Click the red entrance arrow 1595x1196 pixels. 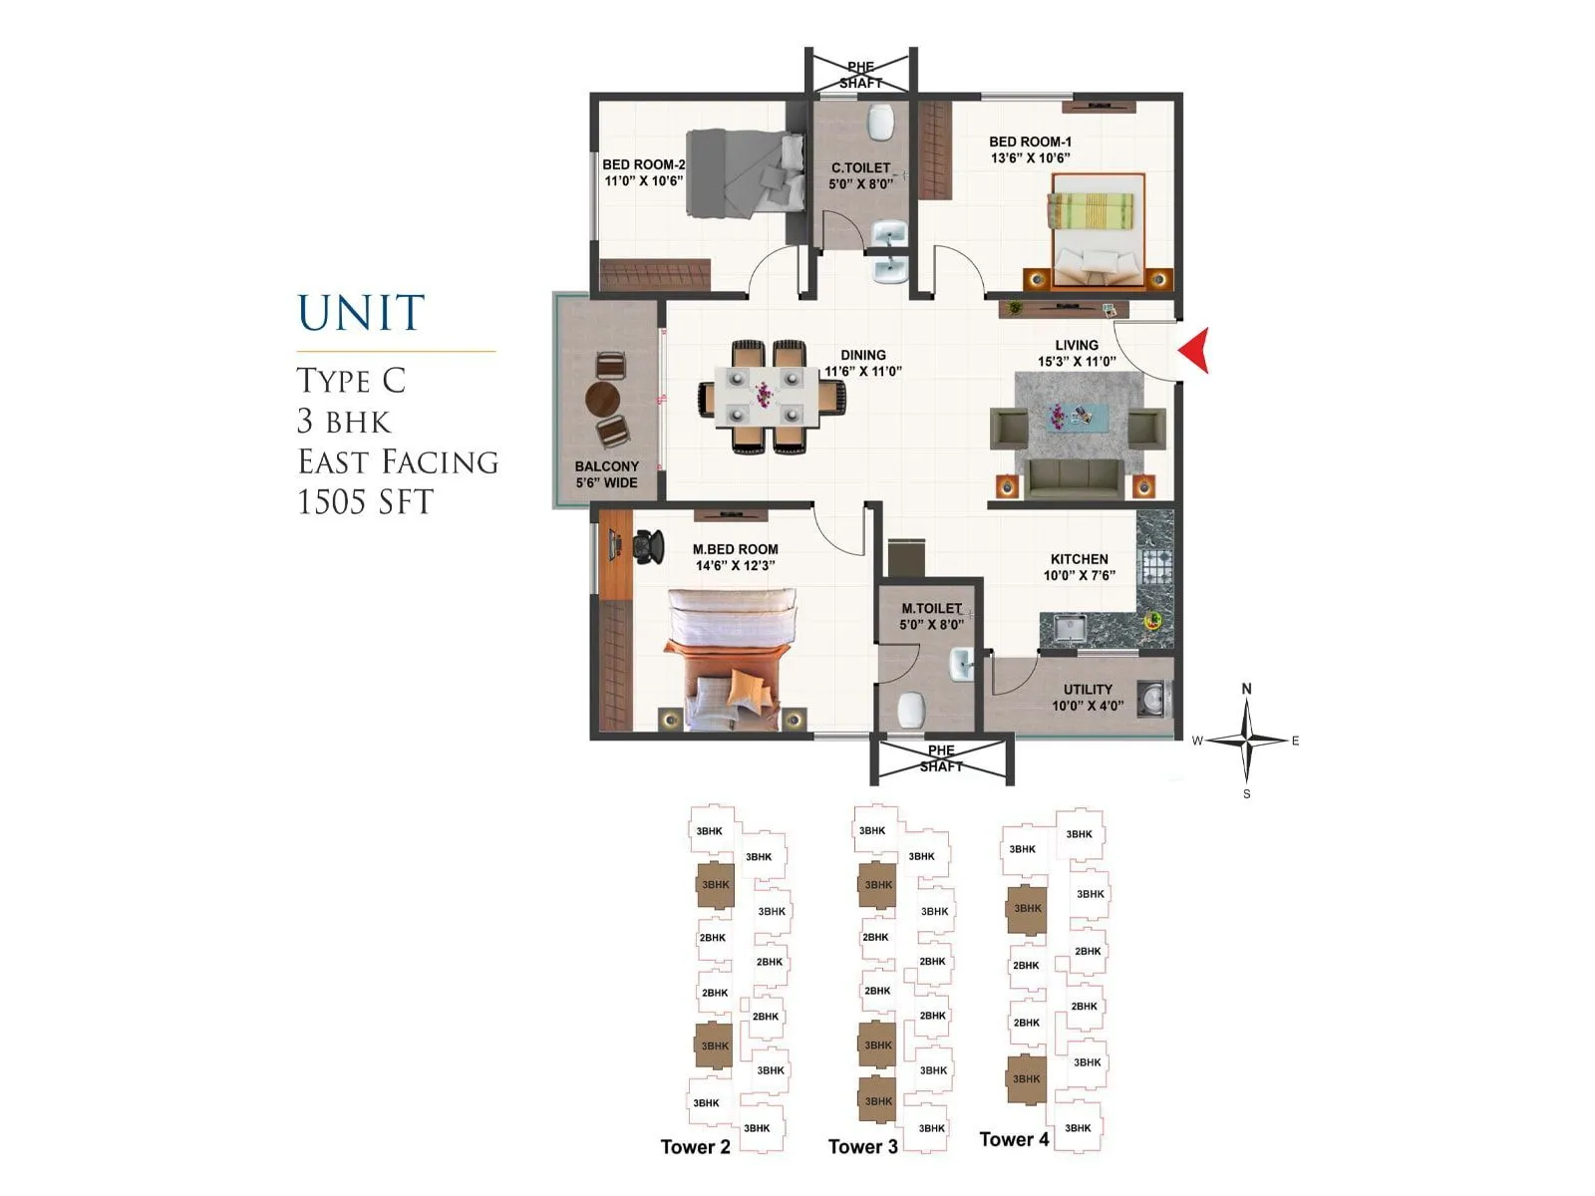1195,351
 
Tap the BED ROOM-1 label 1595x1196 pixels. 1030,149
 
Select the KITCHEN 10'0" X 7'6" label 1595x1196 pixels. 1079,567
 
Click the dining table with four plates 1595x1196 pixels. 763,396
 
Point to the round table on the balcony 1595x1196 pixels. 602,401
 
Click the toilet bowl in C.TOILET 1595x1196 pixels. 880,124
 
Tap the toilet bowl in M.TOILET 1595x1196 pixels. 911,711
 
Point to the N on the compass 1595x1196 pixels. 1246,689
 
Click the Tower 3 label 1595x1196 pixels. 862,1146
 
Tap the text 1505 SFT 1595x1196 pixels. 366,501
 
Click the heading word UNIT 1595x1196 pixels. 361,313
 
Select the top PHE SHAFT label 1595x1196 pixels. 860,75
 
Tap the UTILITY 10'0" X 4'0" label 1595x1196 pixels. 1087,697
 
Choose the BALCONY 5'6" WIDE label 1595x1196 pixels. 606,474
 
